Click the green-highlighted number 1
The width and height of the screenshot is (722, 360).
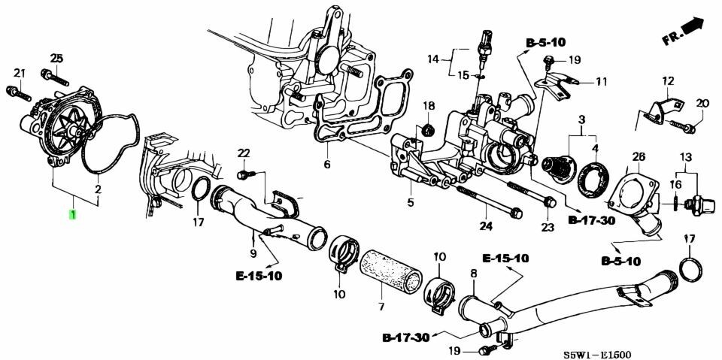click(x=72, y=216)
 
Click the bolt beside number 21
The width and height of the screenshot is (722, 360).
click(x=17, y=93)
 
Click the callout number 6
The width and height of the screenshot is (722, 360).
click(x=327, y=165)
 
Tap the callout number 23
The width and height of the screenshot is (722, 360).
click(x=548, y=226)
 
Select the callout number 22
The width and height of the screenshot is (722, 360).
click(x=243, y=154)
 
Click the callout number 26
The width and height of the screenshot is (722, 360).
click(x=639, y=157)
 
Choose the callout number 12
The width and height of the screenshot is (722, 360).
click(x=668, y=80)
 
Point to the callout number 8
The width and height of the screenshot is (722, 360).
click(x=474, y=275)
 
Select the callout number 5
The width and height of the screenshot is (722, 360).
click(x=411, y=202)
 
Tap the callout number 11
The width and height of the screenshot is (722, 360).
click(x=601, y=81)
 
